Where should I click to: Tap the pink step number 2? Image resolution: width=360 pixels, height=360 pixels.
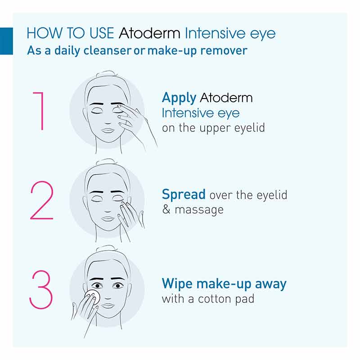tap(41, 201)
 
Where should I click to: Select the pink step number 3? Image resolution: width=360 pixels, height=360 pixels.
tap(41, 288)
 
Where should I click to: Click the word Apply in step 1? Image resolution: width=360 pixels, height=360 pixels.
tap(179, 98)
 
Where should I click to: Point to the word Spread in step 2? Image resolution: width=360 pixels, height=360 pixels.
tap(184, 195)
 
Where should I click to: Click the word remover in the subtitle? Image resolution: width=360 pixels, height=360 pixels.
tap(224, 50)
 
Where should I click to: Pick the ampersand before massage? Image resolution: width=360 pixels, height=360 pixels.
tap(166, 210)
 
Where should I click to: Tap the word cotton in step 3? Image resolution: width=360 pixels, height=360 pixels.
tap(213, 298)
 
